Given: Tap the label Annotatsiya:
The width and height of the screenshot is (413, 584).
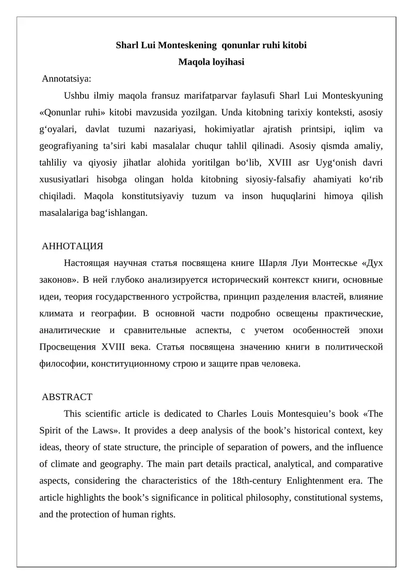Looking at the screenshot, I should coord(67,79).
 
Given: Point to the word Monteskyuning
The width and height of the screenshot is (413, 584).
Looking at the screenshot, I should coord(353,96).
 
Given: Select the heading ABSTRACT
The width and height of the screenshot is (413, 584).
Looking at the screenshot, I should coord(67,397).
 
